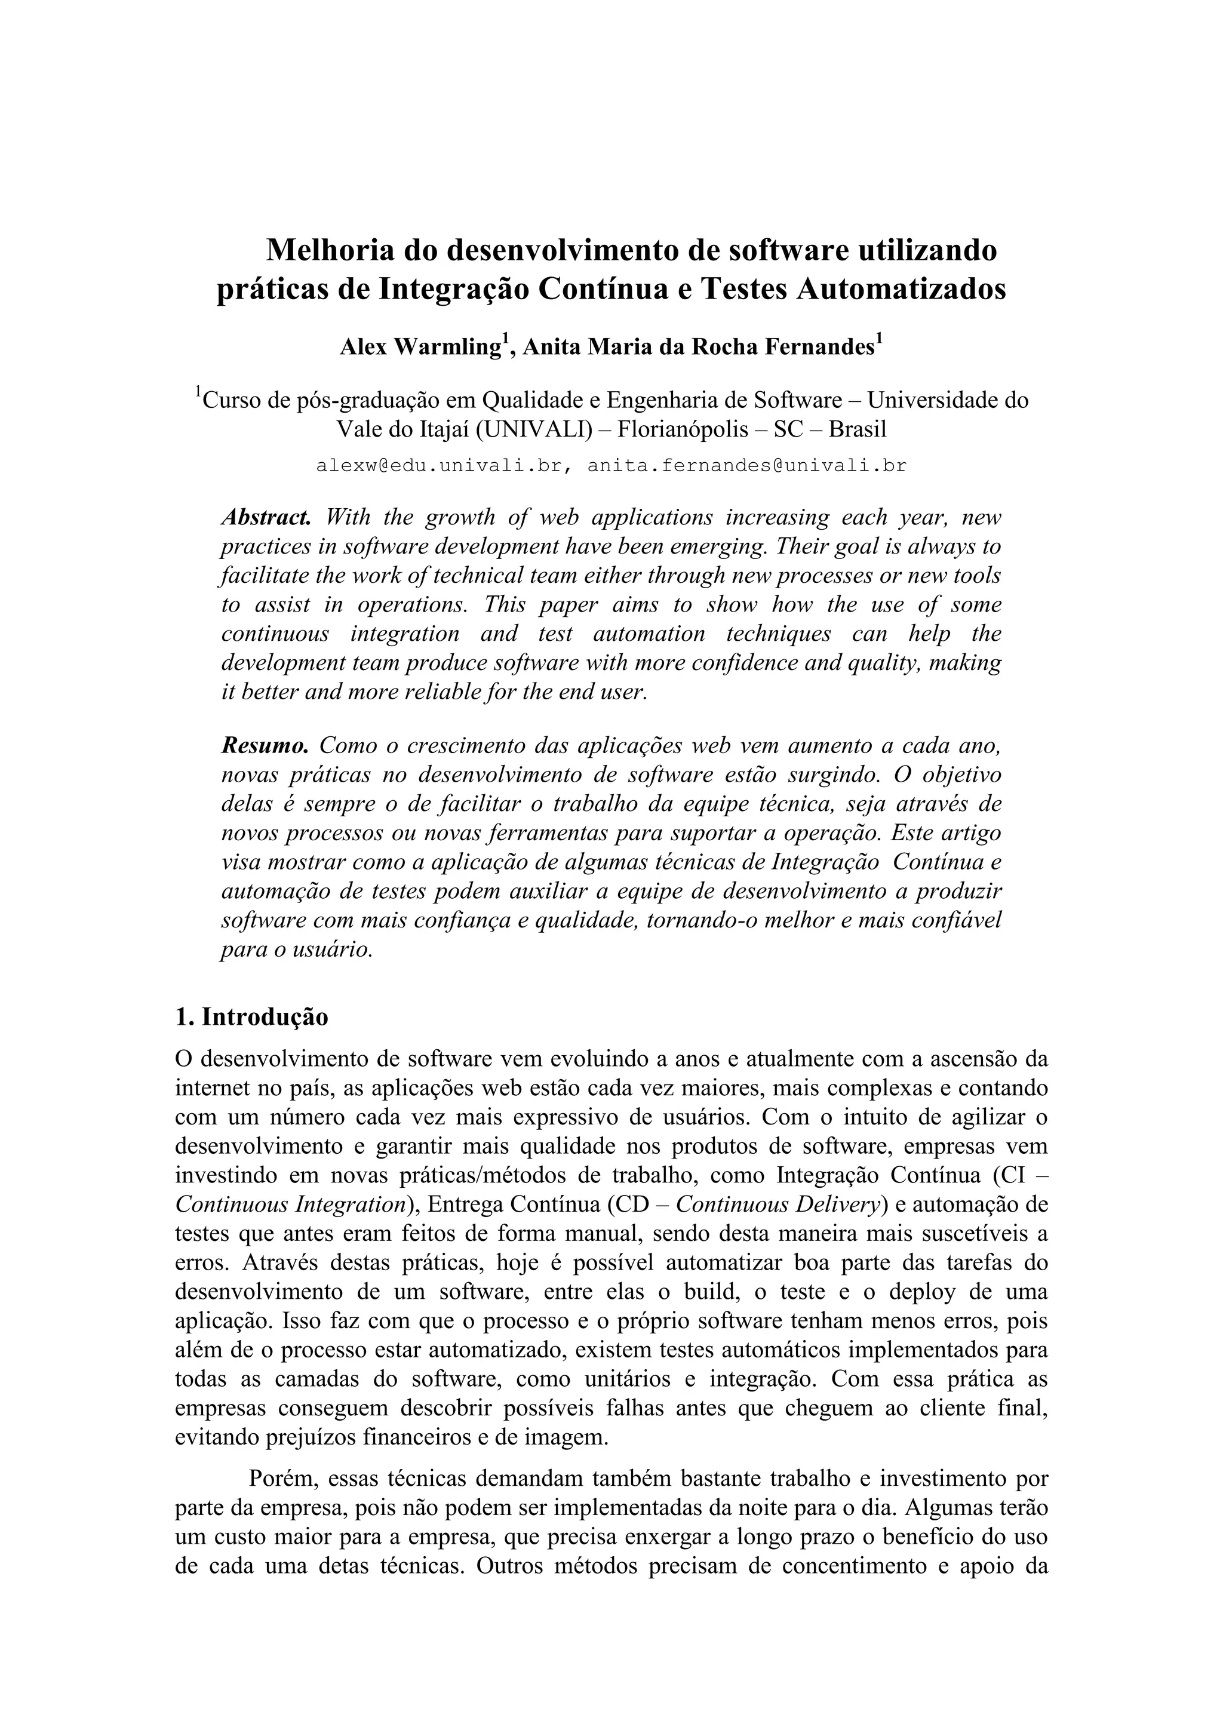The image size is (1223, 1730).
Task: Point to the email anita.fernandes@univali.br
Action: [x=747, y=466]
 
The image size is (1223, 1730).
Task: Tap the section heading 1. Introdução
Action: [x=251, y=1016]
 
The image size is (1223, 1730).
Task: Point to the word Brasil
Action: [x=858, y=429]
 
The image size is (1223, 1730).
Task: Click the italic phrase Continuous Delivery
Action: [x=778, y=1205]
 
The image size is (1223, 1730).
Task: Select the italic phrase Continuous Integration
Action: [x=291, y=1205]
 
